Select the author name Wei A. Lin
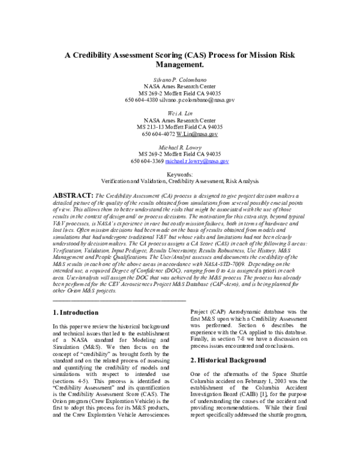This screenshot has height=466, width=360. [x=180, y=113]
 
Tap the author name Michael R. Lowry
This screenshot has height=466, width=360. [x=180, y=147]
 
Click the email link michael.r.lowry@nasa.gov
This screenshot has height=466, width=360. [x=197, y=161]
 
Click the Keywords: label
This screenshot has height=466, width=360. [x=180, y=174]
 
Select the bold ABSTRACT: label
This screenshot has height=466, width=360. [x=74, y=196]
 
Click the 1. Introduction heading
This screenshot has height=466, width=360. [x=75, y=312]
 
